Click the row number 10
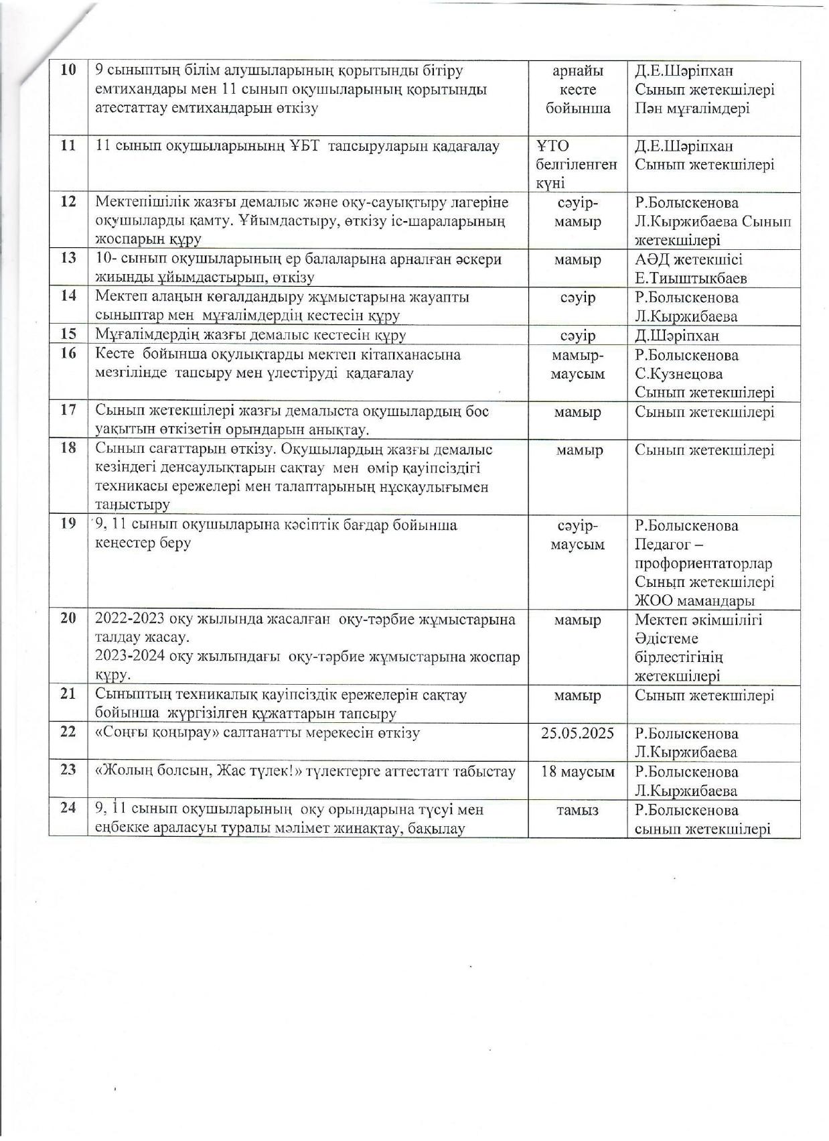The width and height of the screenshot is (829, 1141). tap(68, 70)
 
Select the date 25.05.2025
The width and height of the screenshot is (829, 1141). tap(577, 733)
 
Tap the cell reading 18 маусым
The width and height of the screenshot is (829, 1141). tap(577, 771)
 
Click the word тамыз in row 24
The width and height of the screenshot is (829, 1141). tap(577, 810)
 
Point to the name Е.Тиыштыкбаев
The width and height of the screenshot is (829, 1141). tap(690, 278)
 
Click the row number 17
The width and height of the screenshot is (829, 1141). tap(68, 411)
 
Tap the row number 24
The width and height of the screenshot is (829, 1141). tap(68, 809)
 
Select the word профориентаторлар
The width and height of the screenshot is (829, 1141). tap(703, 563)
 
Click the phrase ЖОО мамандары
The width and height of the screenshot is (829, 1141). tap(689, 601)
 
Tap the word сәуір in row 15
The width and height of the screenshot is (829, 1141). tap(577, 336)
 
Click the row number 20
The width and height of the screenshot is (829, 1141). tap(68, 619)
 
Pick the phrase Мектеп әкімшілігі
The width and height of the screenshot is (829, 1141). tap(698, 620)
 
